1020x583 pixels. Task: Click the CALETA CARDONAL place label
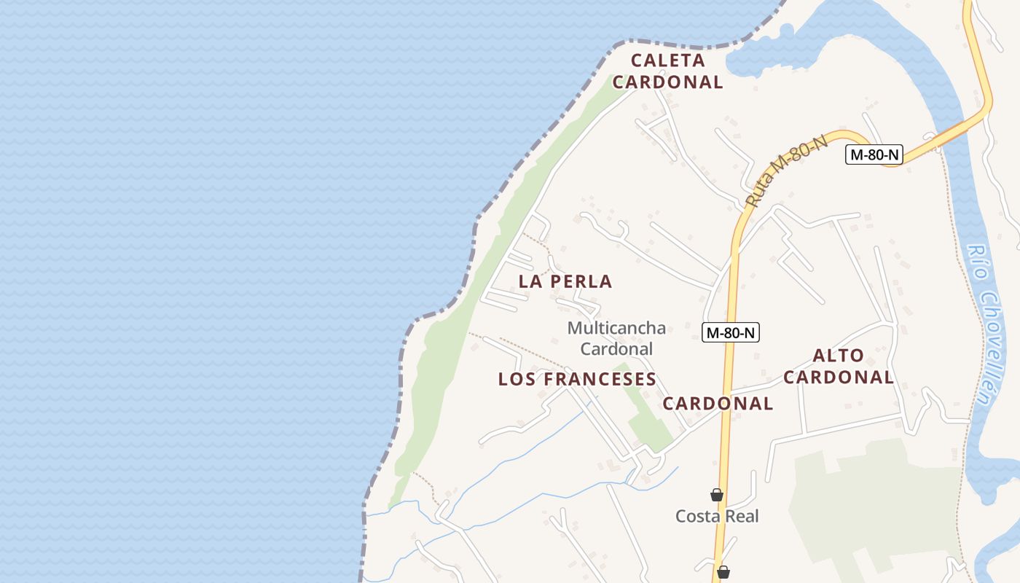tap(668, 71)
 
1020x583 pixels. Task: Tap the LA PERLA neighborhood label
tap(565, 281)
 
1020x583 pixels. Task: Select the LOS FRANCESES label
tap(577, 379)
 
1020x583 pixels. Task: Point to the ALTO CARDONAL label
tap(838, 367)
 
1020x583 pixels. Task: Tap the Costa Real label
tap(717, 517)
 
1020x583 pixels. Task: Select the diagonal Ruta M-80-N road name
tap(788, 169)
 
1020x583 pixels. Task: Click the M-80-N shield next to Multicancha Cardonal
tap(731, 333)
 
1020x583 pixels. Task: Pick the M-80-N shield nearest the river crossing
tap(874, 154)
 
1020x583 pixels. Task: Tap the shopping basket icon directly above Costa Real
tap(717, 496)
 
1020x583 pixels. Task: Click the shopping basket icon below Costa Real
tap(723, 572)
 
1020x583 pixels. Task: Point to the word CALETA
tap(668, 60)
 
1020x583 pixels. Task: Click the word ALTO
tap(838, 356)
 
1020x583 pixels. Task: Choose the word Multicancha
tap(616, 329)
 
